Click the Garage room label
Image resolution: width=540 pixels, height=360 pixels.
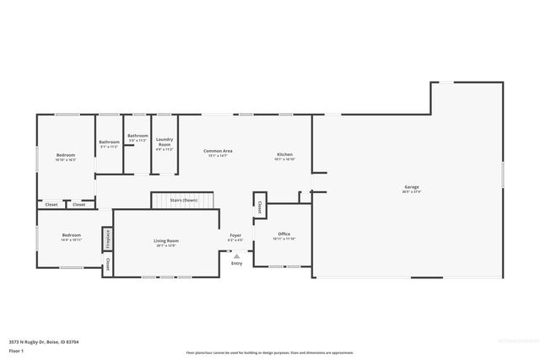[x=411, y=186]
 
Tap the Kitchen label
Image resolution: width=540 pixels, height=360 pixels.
[x=285, y=153]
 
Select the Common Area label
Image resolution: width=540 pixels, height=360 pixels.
[x=218, y=151]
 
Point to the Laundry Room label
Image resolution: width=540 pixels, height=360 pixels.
[x=165, y=142]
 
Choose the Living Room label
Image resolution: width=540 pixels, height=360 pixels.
[x=165, y=240]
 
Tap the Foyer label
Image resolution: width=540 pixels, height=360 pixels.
[x=235, y=235]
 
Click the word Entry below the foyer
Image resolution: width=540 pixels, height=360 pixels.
[x=236, y=263]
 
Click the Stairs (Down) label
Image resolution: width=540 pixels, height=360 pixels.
[x=183, y=200]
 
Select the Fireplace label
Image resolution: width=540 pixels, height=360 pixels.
[x=107, y=239]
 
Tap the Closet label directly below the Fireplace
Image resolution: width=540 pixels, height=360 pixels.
[x=107, y=265]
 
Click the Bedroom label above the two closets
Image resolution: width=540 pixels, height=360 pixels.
[x=65, y=154]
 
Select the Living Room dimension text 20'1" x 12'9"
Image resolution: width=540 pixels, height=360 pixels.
[x=165, y=245]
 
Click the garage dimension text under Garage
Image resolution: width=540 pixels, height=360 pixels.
[x=411, y=191]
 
